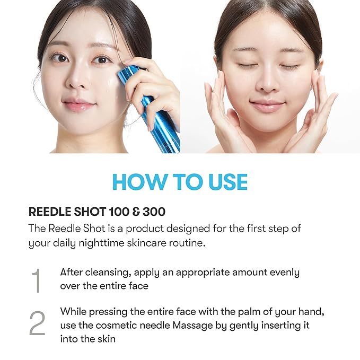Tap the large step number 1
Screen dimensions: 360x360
point(36,281)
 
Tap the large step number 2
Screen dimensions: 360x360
point(37,323)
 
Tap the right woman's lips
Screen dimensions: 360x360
point(267,105)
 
